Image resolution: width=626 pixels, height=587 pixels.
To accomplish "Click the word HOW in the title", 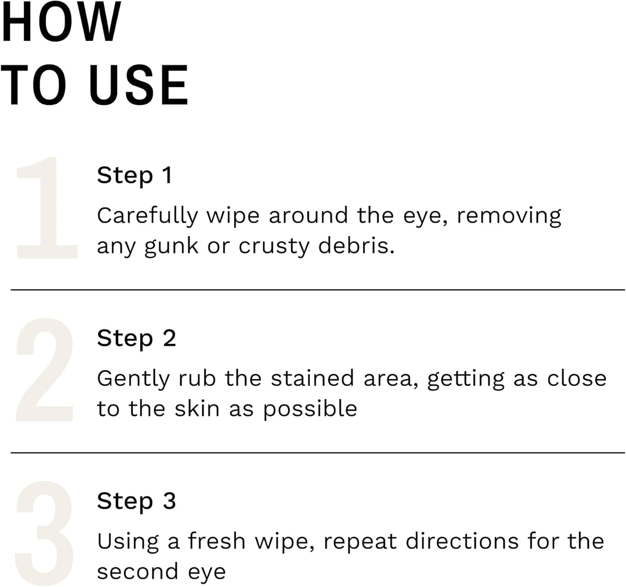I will [61, 23].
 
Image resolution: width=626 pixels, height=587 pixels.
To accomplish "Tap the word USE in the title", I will [138, 86].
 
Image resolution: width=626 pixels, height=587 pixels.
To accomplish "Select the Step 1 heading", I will [134, 175].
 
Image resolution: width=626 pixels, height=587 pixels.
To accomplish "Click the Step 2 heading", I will [136, 339].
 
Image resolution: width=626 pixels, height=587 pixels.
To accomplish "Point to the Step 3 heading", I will [136, 501].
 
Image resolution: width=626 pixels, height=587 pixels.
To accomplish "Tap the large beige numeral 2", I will [45, 370].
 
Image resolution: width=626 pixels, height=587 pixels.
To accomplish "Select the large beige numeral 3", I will [45, 533].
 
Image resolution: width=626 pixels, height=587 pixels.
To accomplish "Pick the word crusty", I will [273, 246].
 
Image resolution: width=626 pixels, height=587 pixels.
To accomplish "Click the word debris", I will [356, 245].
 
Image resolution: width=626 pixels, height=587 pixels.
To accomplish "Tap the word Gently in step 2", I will [133, 379].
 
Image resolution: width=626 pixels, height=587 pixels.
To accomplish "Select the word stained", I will [312, 378].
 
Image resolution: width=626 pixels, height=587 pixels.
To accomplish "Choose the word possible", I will [310, 409].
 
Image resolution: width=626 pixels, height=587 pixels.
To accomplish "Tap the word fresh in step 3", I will [217, 541].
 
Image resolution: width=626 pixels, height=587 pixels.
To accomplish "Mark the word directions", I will [461, 541].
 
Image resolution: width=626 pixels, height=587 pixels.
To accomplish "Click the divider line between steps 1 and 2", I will [318, 290].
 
